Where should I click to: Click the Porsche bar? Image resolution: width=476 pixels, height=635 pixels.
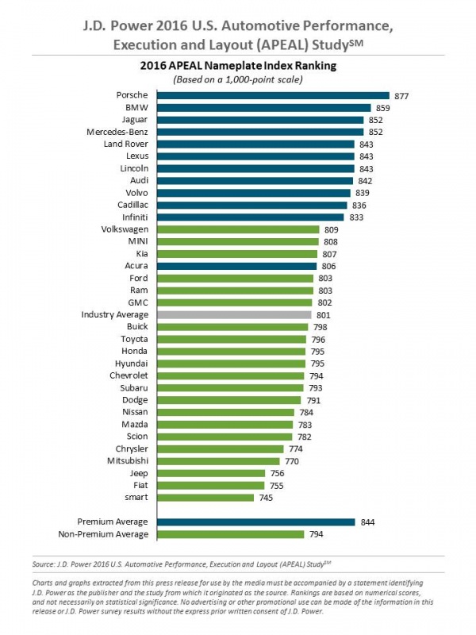pos(274,95)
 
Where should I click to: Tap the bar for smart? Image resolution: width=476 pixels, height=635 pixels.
pos(205,497)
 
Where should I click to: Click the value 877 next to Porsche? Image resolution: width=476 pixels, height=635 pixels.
pos(401,95)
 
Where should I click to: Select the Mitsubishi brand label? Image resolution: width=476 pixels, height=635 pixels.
pos(128,460)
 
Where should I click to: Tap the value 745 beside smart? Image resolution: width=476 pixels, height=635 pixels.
pos(267,498)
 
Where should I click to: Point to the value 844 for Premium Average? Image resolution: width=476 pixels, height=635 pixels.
pos(367,521)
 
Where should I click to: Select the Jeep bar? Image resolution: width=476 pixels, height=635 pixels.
pos(210,473)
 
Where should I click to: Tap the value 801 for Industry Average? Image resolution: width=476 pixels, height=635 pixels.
pos(324,315)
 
